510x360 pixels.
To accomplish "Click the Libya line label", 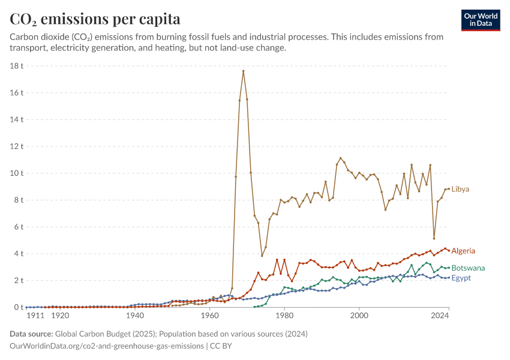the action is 460,189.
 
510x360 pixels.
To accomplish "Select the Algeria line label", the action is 463,251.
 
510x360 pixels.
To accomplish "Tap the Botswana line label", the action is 468,268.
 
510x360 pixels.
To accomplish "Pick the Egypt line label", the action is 461,278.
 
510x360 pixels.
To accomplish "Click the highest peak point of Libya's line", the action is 243,71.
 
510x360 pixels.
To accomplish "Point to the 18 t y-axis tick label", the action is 17,66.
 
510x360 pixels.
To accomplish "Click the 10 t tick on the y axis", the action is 17,173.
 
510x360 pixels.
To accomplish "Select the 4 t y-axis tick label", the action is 19,254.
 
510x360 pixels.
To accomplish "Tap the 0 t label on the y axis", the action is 19,307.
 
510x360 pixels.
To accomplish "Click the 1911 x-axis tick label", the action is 35,316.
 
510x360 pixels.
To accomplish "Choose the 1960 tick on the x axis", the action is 210,316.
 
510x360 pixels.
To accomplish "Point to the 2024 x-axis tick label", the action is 440,316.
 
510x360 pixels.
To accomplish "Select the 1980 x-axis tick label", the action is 284,316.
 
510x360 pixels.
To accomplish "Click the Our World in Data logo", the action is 481,20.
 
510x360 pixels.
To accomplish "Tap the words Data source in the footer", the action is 31,334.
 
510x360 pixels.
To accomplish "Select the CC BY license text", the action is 221,346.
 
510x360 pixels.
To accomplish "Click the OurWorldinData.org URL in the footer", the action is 107,346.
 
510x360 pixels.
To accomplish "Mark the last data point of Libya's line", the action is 449,189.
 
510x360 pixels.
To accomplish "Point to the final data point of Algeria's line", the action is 449,250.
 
